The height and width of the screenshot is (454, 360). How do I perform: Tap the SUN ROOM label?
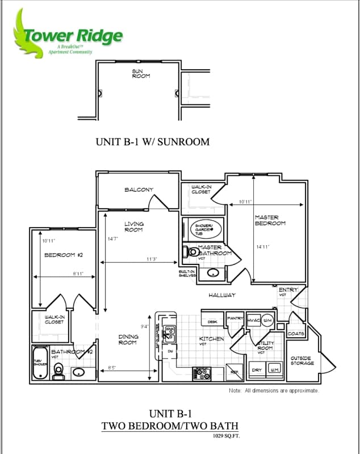[141, 74]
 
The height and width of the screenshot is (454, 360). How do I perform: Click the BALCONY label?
[139, 190]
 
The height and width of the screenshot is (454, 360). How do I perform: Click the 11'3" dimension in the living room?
[152, 259]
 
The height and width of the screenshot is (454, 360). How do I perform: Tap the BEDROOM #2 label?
[64, 255]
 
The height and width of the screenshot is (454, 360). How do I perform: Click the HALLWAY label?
[221, 295]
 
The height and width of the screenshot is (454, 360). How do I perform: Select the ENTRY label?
[288, 291]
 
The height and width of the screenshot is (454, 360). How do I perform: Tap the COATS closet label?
[296, 334]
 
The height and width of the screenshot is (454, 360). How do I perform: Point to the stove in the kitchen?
[202, 374]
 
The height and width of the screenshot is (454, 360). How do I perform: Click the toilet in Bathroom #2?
[58, 370]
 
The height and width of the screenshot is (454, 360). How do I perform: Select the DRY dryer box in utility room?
[257, 369]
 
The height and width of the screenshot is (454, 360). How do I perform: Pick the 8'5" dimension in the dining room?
[112, 368]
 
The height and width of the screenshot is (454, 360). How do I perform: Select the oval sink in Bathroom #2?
[79, 373]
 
